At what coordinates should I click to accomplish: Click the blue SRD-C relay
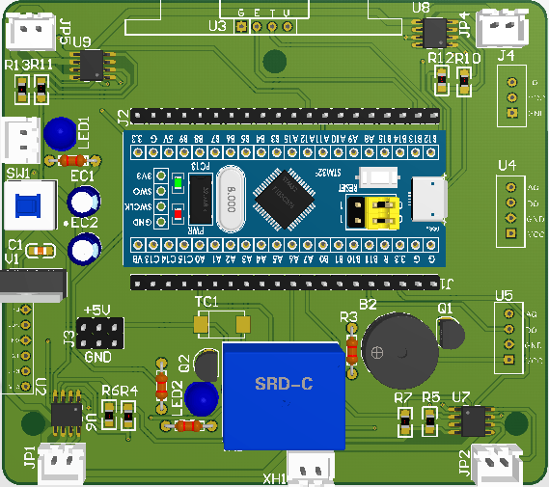pyautogui.click(x=284, y=396)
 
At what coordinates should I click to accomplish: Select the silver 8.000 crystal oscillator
pyautogui.click(x=232, y=198)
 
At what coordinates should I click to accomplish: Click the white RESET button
pyautogui.click(x=382, y=180)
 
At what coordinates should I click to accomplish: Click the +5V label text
pyautogui.click(x=98, y=310)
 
